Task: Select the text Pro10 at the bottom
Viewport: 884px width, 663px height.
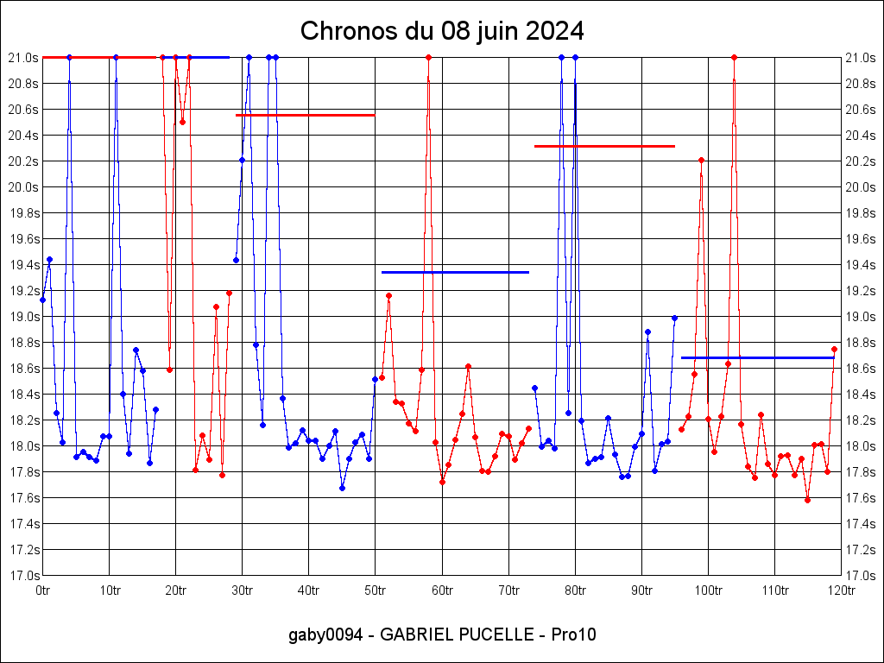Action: [574, 635]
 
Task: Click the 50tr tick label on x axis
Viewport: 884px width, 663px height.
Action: [376, 590]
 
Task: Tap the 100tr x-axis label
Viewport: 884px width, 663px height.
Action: [708, 590]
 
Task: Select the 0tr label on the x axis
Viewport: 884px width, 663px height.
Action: [42, 590]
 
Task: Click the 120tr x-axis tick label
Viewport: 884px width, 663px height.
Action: [841, 590]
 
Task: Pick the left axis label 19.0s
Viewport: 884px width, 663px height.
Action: [24, 317]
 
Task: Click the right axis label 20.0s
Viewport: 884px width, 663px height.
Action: [860, 187]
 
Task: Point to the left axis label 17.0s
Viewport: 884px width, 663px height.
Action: [24, 576]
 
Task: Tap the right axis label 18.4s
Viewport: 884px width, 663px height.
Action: [860, 395]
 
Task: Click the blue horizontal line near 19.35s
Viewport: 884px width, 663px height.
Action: [455, 272]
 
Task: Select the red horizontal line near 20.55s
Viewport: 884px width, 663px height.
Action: [306, 115]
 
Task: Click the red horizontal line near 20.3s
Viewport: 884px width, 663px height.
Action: [604, 146]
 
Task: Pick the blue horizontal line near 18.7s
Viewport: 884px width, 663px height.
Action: [757, 357]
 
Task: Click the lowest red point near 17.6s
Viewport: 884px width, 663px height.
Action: [807, 500]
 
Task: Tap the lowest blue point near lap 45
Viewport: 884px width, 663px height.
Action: [342, 488]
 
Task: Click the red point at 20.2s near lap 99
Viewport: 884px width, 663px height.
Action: [701, 160]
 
